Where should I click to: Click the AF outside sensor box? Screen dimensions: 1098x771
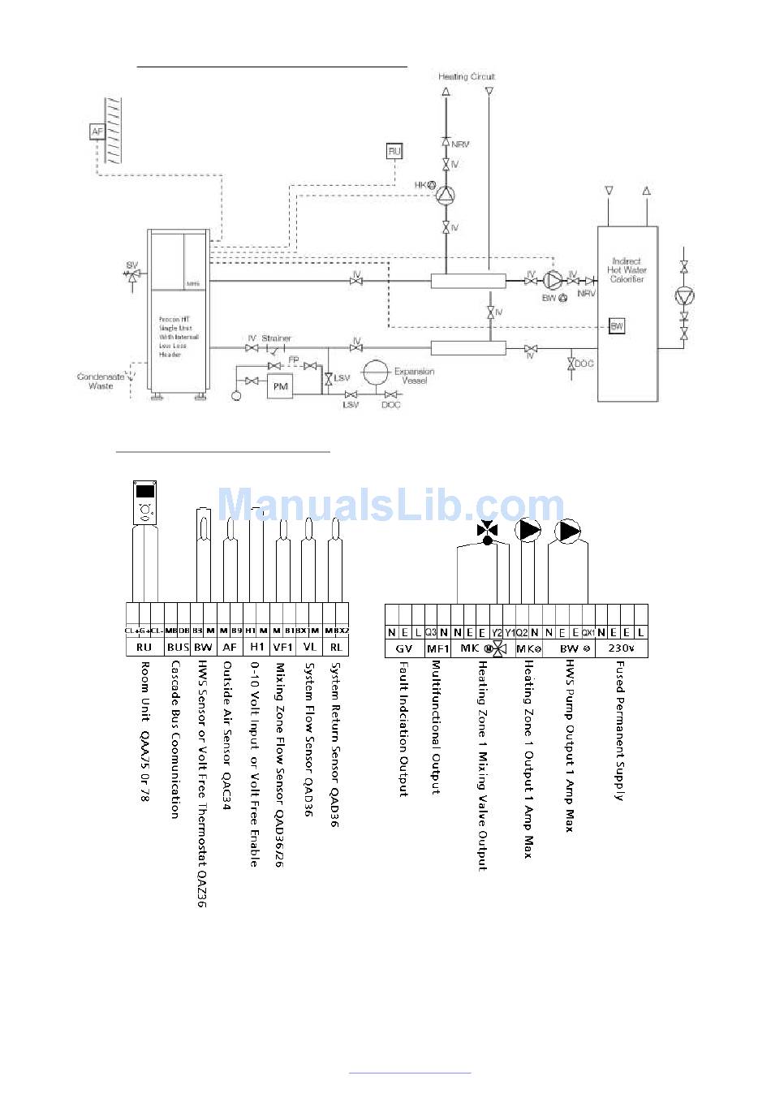(98, 131)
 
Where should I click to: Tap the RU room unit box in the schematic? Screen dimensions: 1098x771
(394, 151)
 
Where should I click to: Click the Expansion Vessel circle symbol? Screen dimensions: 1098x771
(376, 373)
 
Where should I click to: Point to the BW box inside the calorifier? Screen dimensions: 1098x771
(617, 326)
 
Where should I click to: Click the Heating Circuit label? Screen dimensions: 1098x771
(467, 77)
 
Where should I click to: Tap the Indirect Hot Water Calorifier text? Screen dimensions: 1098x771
(627, 270)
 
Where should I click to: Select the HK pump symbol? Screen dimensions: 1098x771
(446, 194)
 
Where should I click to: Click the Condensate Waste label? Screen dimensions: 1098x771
(101, 381)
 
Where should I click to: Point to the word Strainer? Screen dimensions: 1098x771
(276, 338)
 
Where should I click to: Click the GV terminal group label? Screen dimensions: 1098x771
(403, 648)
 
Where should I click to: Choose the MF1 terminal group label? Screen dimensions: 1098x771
(437, 648)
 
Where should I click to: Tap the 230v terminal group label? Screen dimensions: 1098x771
(622, 648)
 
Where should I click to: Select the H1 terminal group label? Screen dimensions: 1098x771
(256, 647)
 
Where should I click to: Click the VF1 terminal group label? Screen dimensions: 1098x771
(283, 647)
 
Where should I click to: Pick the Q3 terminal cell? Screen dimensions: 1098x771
(431, 632)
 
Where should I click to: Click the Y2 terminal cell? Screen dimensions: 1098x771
(497, 632)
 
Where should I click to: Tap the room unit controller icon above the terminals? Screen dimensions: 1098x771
(145, 502)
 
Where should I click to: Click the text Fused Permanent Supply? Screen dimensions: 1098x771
(619, 730)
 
